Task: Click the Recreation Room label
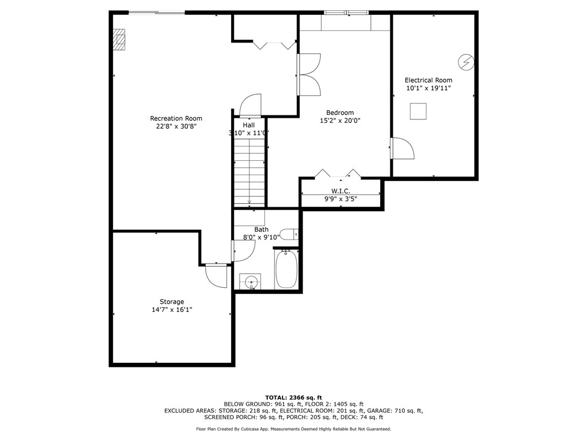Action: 176,118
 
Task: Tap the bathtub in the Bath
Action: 286,270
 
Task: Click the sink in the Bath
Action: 251,281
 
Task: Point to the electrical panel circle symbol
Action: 465,61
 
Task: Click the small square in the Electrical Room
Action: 418,111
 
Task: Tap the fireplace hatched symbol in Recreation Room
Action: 119,41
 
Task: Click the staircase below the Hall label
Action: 249,175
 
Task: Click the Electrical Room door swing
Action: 402,149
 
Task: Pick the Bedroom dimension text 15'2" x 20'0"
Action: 340,121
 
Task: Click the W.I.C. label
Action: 341,191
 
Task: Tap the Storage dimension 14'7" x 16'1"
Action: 171,310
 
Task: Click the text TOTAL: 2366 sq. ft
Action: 293,397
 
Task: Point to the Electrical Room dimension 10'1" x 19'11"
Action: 428,88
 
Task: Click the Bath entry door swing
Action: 243,250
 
